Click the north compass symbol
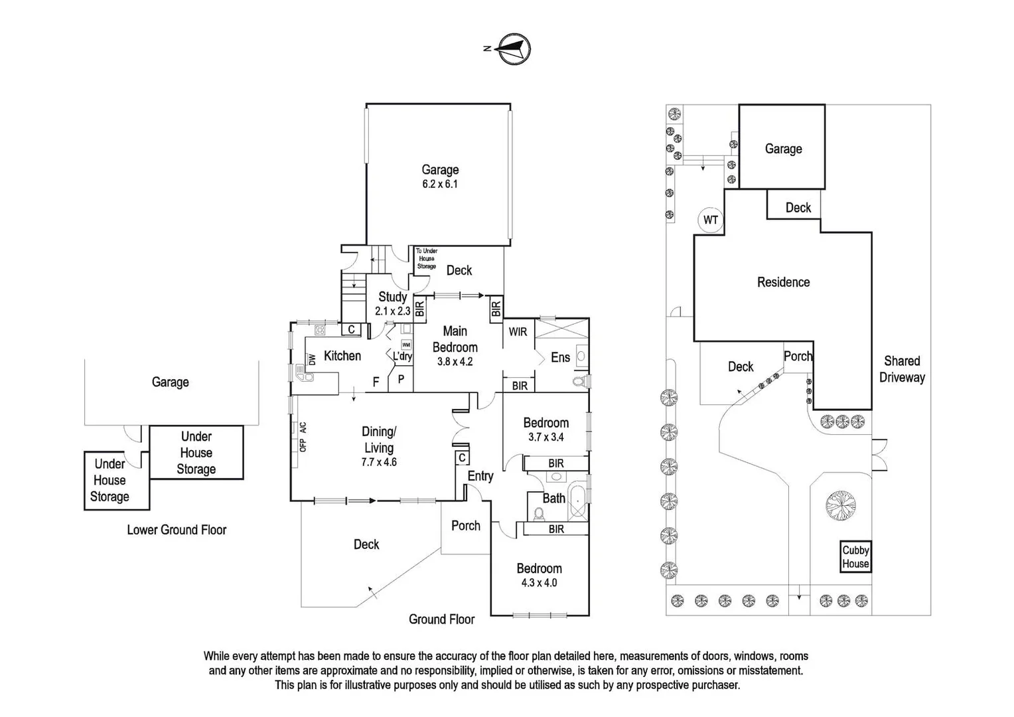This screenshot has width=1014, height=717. [514, 49]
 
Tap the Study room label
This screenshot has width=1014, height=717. [392, 297]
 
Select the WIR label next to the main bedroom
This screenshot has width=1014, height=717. [518, 331]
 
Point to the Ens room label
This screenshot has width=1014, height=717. [560, 358]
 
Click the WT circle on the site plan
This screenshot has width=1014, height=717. [710, 220]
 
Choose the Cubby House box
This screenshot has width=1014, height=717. [855, 557]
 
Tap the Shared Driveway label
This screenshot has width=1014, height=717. [901, 369]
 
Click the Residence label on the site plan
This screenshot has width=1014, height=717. [783, 282]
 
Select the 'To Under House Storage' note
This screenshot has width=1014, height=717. [426, 259]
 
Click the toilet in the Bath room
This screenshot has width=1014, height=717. [539, 514]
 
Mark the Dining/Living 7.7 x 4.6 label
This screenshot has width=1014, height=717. [379, 447]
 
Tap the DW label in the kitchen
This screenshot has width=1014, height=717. [311, 359]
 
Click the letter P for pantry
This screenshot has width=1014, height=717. [401, 380]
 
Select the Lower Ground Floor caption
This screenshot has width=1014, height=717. [177, 530]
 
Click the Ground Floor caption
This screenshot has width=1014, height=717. [441, 619]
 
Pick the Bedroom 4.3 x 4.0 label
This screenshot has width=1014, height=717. [539, 576]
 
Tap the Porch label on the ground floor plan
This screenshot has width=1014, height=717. [465, 526]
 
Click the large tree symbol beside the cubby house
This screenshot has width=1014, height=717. [841, 507]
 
